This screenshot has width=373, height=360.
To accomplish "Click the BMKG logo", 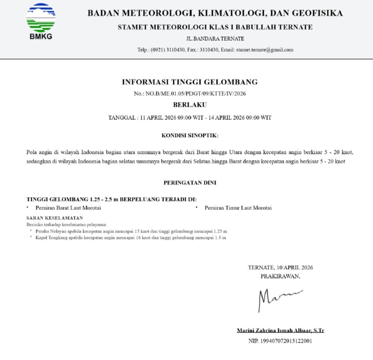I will pos(41,20).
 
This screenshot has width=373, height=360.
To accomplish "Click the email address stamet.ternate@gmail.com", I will pos(265,50).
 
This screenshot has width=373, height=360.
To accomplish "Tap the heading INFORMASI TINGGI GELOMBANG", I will pos(190,82).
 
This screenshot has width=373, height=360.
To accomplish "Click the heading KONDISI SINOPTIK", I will pos(190,136).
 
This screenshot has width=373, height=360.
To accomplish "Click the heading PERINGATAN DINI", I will pos(190,183).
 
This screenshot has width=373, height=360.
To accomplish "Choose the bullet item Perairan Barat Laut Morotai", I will pos(68,208).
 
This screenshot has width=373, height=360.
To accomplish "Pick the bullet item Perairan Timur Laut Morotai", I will pos(238,208).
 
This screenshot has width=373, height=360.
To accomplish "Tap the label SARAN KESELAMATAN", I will pos(55,218).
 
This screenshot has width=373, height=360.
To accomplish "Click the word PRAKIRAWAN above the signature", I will pos(280,276).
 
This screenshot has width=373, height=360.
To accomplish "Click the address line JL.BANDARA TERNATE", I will pos(215,39).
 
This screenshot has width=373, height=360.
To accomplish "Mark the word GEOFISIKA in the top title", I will pos(318,13).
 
